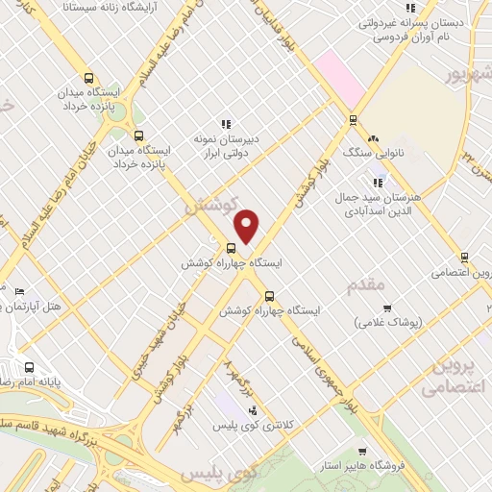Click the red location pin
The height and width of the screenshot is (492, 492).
point(247,225)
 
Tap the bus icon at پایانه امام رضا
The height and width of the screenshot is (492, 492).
point(30,367)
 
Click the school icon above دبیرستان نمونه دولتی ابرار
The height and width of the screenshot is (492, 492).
point(226,123)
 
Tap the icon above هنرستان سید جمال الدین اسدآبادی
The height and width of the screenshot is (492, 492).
point(378,182)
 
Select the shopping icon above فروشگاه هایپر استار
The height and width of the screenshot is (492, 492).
point(361,452)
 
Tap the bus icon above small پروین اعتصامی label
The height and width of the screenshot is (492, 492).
point(464,258)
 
